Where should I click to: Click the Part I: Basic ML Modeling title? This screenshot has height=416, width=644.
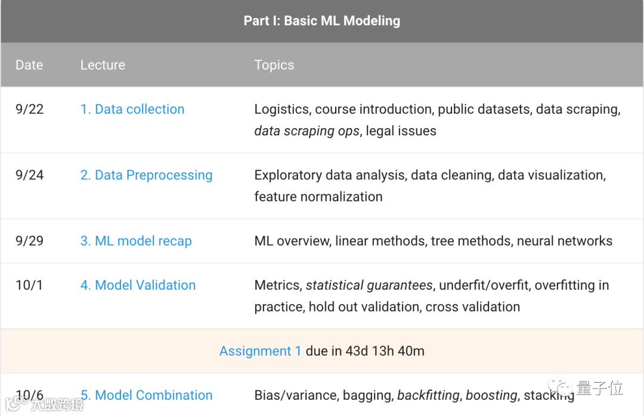point(321,21)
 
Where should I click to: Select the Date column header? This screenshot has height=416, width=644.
point(29,65)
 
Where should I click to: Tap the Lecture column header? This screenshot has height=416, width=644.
point(103,65)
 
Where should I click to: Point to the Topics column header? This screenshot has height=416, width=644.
point(274,65)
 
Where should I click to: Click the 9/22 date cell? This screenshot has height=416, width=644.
point(30,109)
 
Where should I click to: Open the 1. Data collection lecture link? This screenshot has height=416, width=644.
point(132,109)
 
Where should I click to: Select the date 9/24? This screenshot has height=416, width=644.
point(30,175)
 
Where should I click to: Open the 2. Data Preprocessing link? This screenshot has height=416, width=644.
point(146,175)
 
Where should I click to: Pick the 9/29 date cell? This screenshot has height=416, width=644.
point(30,241)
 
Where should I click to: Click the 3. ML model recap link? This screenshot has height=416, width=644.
point(136,241)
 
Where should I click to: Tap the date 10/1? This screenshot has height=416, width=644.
point(29,285)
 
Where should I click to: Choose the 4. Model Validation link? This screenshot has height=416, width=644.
point(138,285)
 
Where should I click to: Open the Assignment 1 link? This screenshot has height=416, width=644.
point(260,351)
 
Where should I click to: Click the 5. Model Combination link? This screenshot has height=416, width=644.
point(146,395)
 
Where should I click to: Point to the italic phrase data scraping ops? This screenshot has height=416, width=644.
point(306,131)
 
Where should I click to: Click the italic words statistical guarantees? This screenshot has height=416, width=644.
point(369,285)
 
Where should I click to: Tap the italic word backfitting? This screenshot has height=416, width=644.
point(428,395)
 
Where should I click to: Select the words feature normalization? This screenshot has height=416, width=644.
point(318,197)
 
